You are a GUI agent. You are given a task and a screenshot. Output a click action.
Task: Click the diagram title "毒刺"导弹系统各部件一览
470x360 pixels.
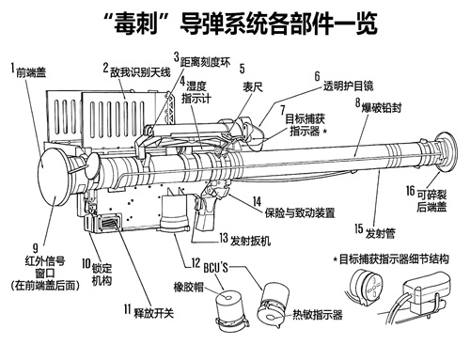click(x=241, y=23)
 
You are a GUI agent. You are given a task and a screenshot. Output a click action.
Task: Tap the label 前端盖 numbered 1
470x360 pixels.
click(x=31, y=72)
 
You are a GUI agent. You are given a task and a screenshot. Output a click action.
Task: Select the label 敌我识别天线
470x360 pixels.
click(x=140, y=72)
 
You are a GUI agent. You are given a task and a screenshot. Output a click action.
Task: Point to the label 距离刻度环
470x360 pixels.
click(x=205, y=62)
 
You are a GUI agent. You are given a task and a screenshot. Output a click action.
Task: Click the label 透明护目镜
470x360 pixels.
click(x=349, y=86)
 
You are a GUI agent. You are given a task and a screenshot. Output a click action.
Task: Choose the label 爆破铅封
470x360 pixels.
click(x=382, y=108)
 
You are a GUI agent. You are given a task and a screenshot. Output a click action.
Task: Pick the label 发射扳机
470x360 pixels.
click(x=250, y=242)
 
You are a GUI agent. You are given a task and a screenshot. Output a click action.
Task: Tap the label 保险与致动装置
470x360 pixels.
click(x=300, y=213)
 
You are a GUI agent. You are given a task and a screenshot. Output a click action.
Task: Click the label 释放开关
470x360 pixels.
click(x=154, y=313)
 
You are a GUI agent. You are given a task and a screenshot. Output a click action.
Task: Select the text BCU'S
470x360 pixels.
click(x=216, y=268)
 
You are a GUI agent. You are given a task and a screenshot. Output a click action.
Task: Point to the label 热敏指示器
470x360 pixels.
click(x=318, y=315)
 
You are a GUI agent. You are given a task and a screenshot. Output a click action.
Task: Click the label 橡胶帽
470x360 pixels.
click(x=189, y=287)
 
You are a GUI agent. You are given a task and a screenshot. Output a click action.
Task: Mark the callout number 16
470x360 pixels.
click(x=411, y=191)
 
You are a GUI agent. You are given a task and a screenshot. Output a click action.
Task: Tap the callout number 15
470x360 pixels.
click(x=359, y=228)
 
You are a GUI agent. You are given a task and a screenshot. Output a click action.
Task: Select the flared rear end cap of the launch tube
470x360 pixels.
click(x=447, y=153)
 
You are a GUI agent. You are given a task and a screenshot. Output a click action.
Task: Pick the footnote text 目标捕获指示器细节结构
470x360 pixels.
click(x=394, y=259)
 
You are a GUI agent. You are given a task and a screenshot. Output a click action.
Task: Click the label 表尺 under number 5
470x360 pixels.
click(x=253, y=87)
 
